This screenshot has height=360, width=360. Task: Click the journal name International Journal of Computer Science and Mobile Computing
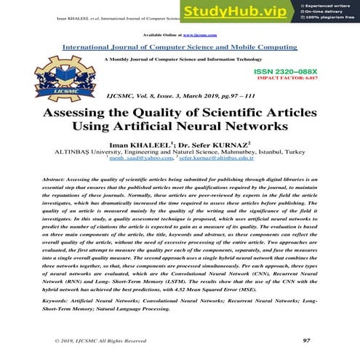[180, 46]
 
